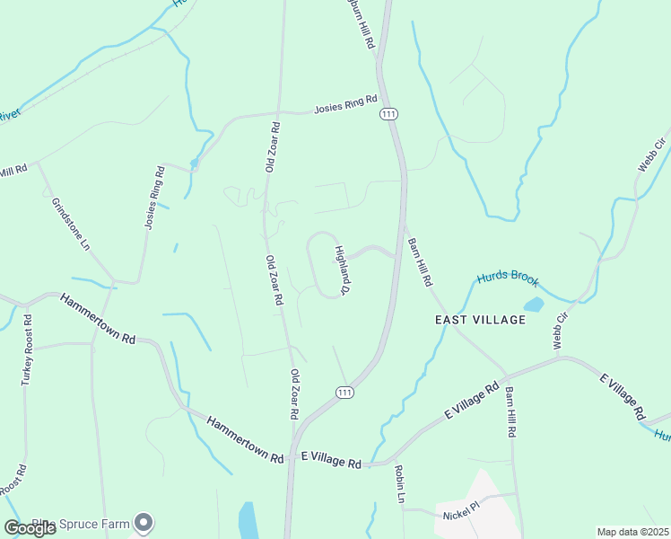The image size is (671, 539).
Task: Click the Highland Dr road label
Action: (x=342, y=270)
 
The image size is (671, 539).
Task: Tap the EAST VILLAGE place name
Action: (x=480, y=320)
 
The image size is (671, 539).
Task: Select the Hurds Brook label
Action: (x=508, y=277)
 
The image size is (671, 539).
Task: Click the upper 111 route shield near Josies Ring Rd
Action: (x=388, y=113)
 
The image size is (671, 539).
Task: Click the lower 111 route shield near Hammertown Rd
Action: (x=344, y=392)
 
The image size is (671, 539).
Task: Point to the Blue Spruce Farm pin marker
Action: (x=144, y=522)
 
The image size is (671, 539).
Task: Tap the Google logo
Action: (x=30, y=527)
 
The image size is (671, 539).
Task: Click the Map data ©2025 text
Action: (x=632, y=532)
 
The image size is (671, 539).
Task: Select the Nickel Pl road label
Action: (x=463, y=516)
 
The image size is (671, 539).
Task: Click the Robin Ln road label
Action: (x=400, y=484)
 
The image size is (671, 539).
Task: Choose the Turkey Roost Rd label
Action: (x=26, y=349)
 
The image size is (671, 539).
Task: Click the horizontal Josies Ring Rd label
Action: (x=344, y=109)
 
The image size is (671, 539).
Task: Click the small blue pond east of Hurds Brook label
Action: (x=534, y=305)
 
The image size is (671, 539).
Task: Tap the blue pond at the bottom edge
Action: (x=248, y=520)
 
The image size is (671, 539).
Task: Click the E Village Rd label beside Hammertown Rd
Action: (x=331, y=461)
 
